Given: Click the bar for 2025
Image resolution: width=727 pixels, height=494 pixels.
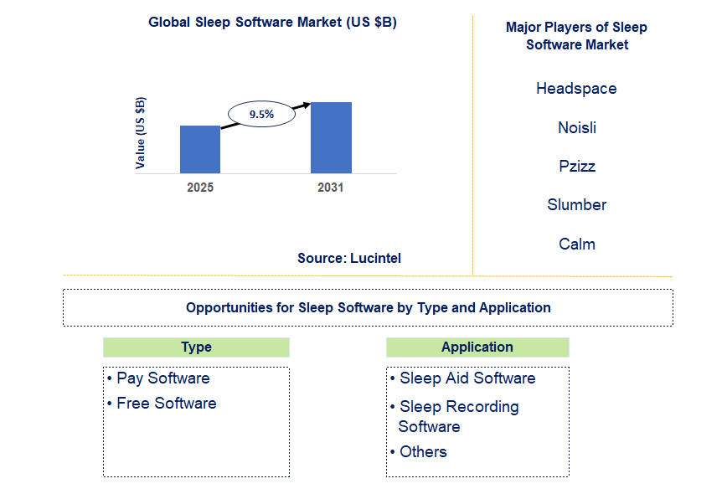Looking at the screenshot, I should click(200, 149).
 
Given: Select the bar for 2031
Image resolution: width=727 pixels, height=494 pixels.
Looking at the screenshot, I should click(331, 137).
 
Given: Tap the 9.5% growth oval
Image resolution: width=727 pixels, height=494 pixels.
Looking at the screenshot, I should click(261, 114).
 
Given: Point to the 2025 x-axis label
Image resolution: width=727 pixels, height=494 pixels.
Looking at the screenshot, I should click(200, 188).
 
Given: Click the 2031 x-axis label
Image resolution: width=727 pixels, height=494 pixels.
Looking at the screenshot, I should click(331, 188).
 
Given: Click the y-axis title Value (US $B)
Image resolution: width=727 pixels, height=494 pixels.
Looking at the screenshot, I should click(140, 132).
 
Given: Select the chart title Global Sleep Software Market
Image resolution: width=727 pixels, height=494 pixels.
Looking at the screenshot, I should click(272, 23).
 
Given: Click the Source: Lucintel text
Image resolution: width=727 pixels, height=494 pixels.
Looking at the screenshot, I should click(349, 258).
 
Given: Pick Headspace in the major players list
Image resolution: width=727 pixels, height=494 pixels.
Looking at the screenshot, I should click(576, 89).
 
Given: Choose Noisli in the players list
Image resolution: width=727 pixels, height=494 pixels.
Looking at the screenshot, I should click(577, 127).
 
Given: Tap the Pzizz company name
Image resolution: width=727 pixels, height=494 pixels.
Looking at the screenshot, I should click(577, 166).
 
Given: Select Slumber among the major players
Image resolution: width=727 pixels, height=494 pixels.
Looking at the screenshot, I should click(577, 205).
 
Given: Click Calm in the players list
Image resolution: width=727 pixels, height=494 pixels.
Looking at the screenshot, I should click(577, 244).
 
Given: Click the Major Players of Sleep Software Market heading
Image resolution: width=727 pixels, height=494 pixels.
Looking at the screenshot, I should click(576, 35).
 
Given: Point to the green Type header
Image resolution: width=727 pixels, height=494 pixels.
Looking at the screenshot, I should click(196, 347).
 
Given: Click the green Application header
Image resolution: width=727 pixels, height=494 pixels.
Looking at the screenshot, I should click(477, 347).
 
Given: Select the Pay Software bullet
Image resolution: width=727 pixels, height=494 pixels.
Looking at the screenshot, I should click(162, 378).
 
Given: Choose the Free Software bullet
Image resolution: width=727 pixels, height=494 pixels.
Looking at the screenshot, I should click(166, 404).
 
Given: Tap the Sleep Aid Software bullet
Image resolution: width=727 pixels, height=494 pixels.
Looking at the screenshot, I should click(467, 378).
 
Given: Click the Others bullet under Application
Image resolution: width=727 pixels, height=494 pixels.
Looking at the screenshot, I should click(422, 452).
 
